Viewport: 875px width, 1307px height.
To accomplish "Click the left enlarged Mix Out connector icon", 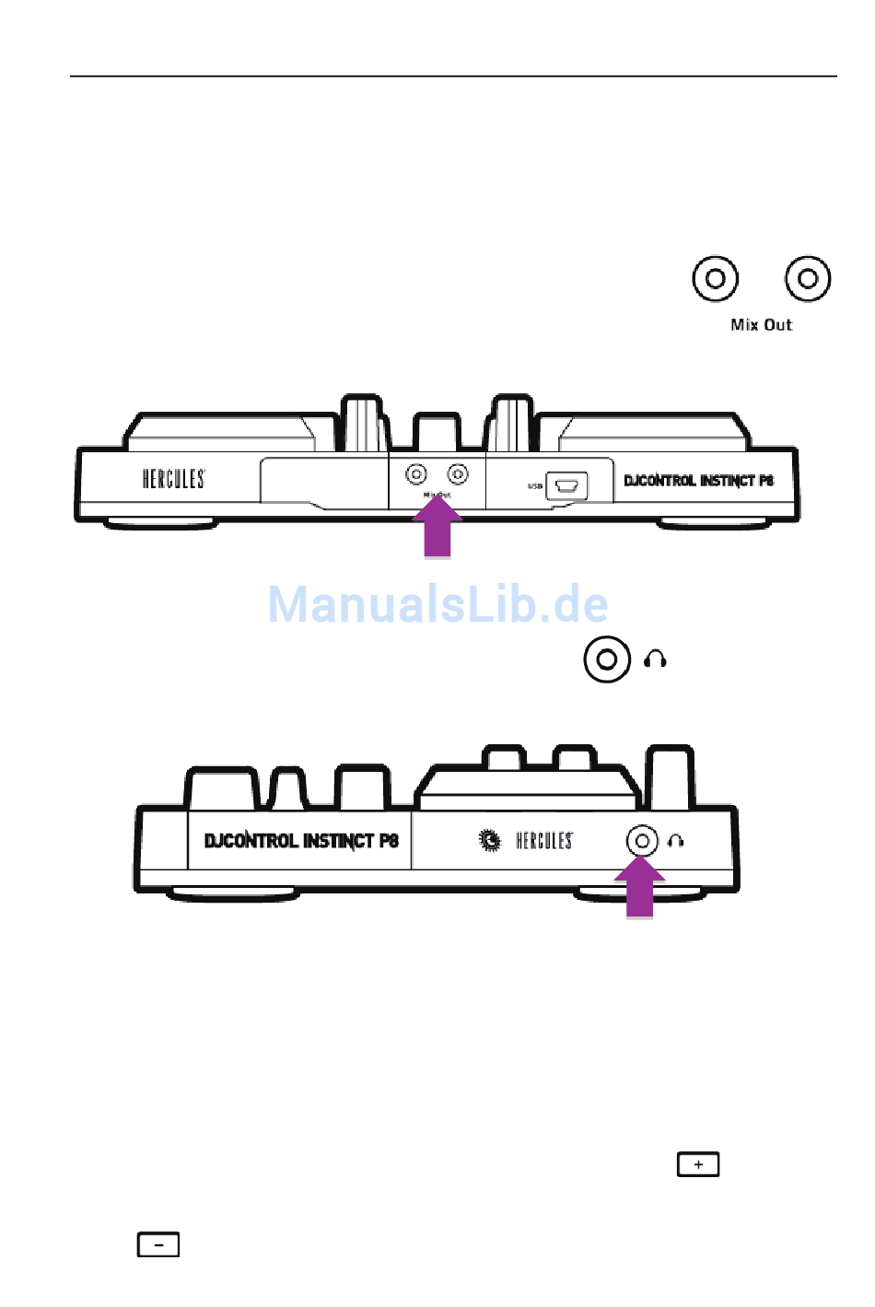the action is coord(715,278).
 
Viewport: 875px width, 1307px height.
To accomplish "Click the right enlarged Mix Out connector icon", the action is coord(808,278).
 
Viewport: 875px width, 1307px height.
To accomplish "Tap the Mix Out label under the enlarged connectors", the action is coord(761,324).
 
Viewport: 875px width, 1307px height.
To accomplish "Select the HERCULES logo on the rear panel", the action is coord(173,479).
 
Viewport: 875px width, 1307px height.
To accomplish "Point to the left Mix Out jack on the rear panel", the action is coord(416,474).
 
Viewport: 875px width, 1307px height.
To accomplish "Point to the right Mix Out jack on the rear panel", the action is coord(458,474).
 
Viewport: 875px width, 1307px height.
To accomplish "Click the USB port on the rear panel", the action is coord(566,485).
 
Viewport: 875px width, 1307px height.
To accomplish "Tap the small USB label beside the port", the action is coord(535,485).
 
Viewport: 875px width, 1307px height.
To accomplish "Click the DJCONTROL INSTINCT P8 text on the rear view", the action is coord(698,481).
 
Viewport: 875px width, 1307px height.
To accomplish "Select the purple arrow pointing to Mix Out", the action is coord(437,529).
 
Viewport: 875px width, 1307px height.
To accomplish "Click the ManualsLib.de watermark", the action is coord(437,604).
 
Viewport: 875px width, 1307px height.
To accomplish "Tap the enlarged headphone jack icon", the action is coord(607,659).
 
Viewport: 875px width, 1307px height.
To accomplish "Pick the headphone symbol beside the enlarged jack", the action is coord(655,659).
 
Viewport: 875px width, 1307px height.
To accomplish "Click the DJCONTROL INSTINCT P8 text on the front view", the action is coord(301,841).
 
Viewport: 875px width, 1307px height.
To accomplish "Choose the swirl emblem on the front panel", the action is coord(490,840).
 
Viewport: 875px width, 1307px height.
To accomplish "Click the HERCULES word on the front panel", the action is coord(543,841).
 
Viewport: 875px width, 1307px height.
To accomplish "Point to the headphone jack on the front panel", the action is coord(642,841).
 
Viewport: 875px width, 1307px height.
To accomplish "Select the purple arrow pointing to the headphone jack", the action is coord(640,889).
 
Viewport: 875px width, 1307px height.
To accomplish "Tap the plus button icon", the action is coord(698,1165).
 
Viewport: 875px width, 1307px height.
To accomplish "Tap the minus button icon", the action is coord(158,1245).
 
